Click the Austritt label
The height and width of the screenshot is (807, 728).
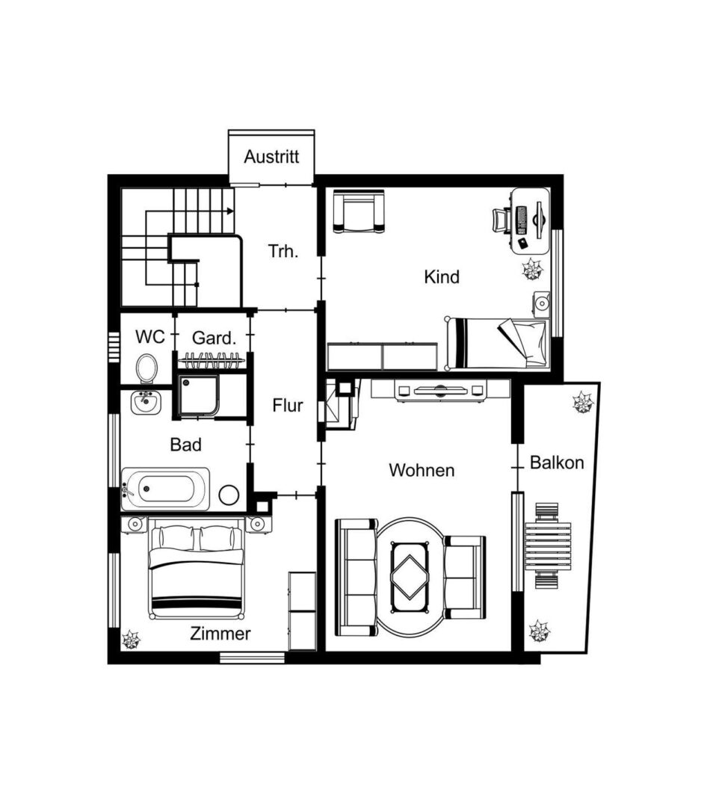pyautogui.click(x=271, y=156)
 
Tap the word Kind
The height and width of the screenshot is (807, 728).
pyautogui.click(x=442, y=277)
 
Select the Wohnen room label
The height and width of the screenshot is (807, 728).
pyautogui.click(x=422, y=470)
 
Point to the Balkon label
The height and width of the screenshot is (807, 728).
pyautogui.click(x=557, y=463)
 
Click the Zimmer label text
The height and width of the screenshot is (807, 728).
pyautogui.click(x=220, y=633)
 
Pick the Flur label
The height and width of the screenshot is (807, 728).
pyautogui.click(x=287, y=406)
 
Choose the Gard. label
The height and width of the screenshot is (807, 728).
pyautogui.click(x=215, y=338)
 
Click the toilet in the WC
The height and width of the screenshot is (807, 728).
pyautogui.click(x=146, y=368)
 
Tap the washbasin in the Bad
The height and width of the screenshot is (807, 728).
pyautogui.click(x=146, y=403)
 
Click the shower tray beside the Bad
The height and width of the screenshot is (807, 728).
pyautogui.click(x=199, y=395)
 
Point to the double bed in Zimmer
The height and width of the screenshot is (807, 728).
pyautogui.click(x=196, y=569)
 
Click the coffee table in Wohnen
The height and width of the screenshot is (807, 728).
pyautogui.click(x=410, y=577)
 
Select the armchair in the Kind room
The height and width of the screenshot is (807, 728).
pyautogui.click(x=359, y=211)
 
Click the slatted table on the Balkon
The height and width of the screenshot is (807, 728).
pyautogui.click(x=548, y=546)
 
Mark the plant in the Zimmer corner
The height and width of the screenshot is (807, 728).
pyautogui.click(x=131, y=640)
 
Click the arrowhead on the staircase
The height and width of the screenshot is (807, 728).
pyautogui.click(x=230, y=211)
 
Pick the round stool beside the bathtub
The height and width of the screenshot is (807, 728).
pyautogui.click(x=229, y=495)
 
